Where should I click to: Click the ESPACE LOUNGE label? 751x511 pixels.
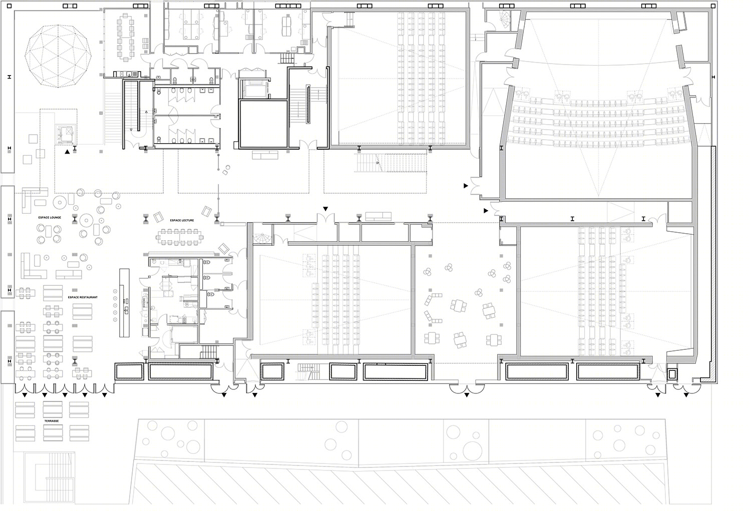50,218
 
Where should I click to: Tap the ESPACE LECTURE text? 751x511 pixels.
182,221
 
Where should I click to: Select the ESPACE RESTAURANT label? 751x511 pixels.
83,297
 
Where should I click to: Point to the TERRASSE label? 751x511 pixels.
52,421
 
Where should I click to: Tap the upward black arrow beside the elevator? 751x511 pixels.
68,152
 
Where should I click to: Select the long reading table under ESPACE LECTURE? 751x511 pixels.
179,237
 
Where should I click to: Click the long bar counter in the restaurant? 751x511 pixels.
124,303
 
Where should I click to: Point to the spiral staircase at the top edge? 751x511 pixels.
504,20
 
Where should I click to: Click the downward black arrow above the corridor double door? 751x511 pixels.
325,209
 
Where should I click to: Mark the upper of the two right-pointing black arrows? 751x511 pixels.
466,186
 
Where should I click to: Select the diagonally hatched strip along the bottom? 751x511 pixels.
399,486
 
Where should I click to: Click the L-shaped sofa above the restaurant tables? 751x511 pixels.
33,266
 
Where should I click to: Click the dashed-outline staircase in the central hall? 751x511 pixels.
391,163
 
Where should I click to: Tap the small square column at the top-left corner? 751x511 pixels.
10,6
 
